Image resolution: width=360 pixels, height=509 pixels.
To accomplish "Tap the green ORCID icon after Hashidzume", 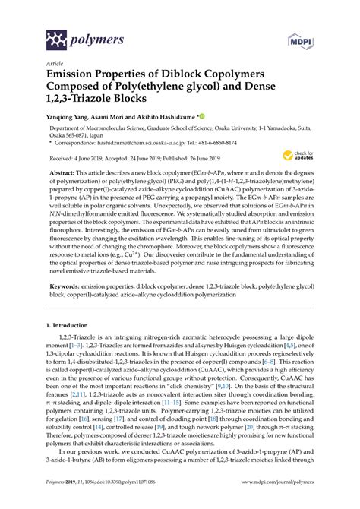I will pyautogui.click(x=202, y=118).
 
